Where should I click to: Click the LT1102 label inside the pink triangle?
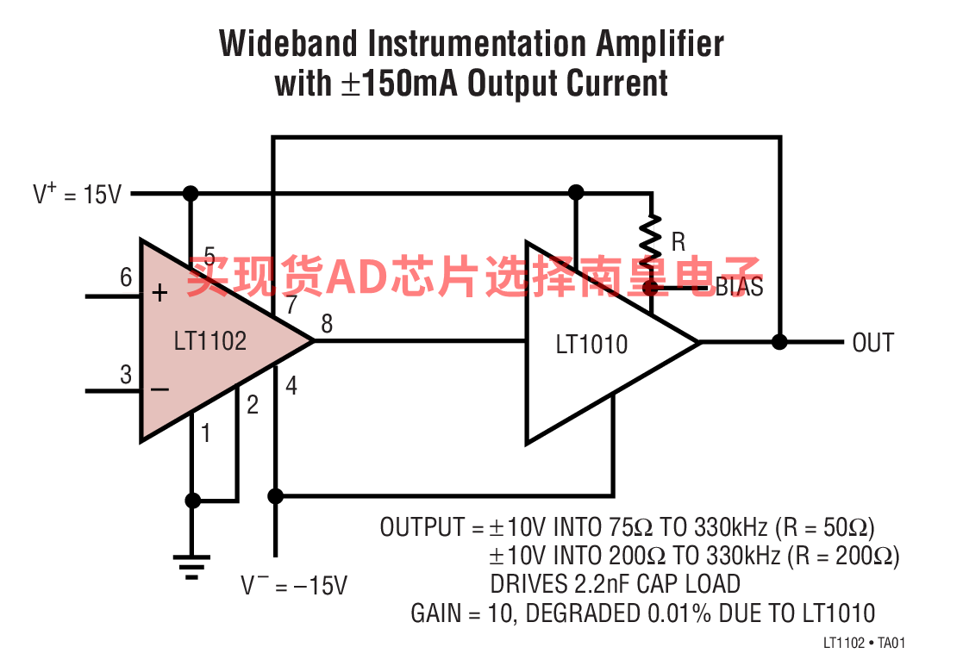210,341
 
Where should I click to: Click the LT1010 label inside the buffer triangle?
591,345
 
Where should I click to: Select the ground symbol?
191,567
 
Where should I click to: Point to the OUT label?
872,342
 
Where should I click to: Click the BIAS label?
740,287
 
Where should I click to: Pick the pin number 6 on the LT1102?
126,277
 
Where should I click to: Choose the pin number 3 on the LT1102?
126,375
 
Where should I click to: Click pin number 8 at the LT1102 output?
327,323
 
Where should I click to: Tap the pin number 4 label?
291,386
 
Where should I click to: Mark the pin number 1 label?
206,433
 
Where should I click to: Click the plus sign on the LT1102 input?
159,293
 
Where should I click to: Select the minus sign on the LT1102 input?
159,389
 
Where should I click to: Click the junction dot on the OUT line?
779,342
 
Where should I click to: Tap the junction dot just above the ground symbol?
193,501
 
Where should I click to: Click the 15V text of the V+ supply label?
103,195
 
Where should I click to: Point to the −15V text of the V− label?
321,586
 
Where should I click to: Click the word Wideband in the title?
288,44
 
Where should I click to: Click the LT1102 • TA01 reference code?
864,643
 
